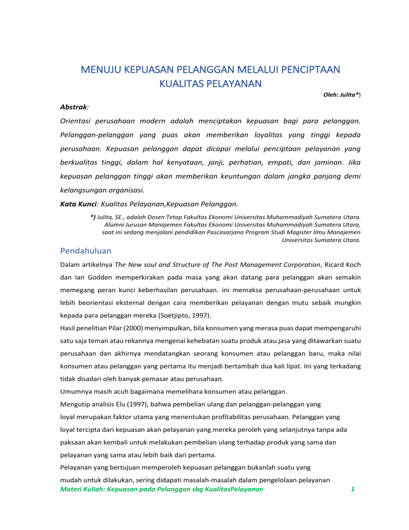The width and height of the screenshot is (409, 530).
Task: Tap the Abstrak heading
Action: pos(73,107)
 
